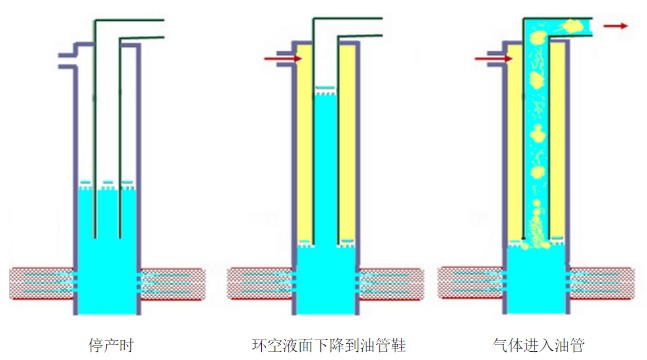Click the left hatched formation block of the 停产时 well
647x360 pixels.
tap(41, 283)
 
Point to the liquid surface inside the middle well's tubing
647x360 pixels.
tap(325, 90)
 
